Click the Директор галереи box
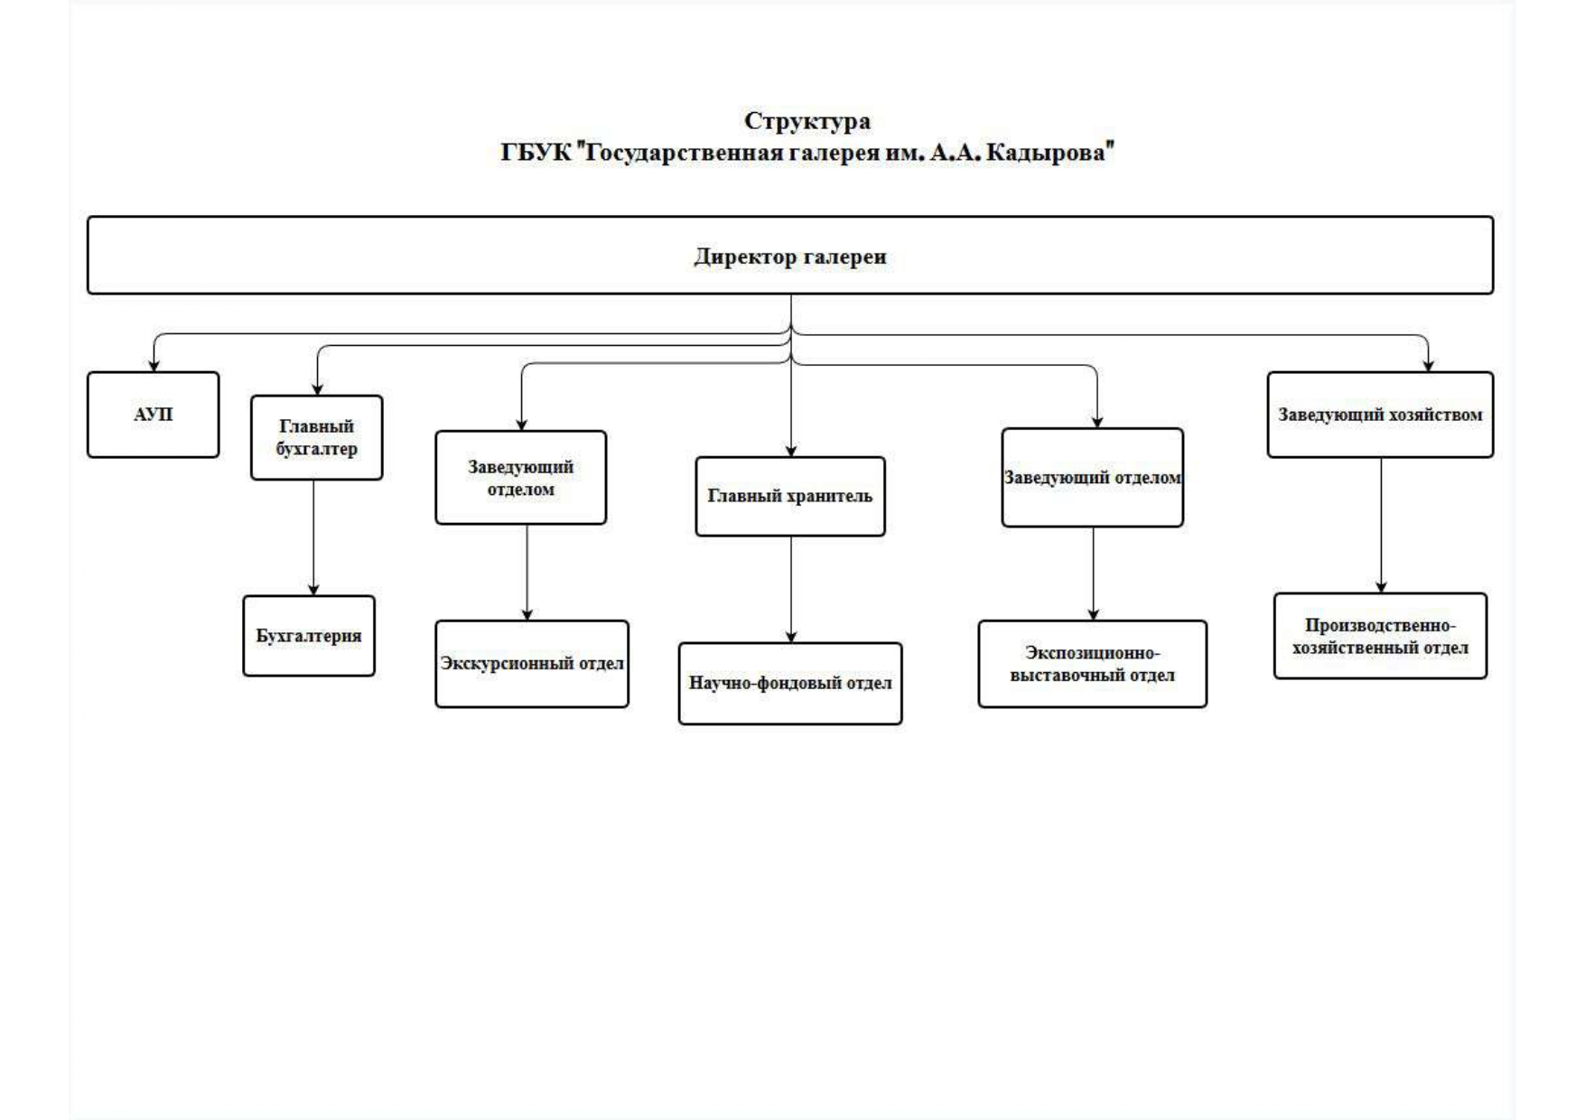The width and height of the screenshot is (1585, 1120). click(789, 256)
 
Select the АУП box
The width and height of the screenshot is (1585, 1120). click(153, 415)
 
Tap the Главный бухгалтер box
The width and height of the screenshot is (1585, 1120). click(316, 437)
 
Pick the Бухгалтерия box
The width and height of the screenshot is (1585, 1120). click(308, 636)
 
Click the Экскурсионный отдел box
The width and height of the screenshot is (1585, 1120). click(531, 664)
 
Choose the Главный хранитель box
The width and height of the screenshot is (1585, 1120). click(789, 496)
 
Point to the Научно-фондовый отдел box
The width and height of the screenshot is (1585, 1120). click(789, 683)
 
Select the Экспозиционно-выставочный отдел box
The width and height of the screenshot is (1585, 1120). click(1092, 664)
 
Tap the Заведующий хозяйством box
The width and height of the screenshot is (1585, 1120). click(1379, 415)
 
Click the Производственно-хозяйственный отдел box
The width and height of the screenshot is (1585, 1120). click(1379, 636)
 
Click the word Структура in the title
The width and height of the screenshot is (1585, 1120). click(806, 120)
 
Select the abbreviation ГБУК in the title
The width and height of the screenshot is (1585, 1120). click(536, 153)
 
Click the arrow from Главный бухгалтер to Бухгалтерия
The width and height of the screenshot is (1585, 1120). click(314, 537)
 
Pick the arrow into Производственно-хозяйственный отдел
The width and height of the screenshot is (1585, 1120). click(1380, 525)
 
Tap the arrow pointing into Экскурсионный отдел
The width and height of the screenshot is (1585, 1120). click(527, 572)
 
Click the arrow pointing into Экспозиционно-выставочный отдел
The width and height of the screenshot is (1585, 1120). click(1093, 573)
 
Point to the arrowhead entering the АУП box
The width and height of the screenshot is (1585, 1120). click(154, 365)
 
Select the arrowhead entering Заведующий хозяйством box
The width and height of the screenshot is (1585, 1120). click(1428, 365)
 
